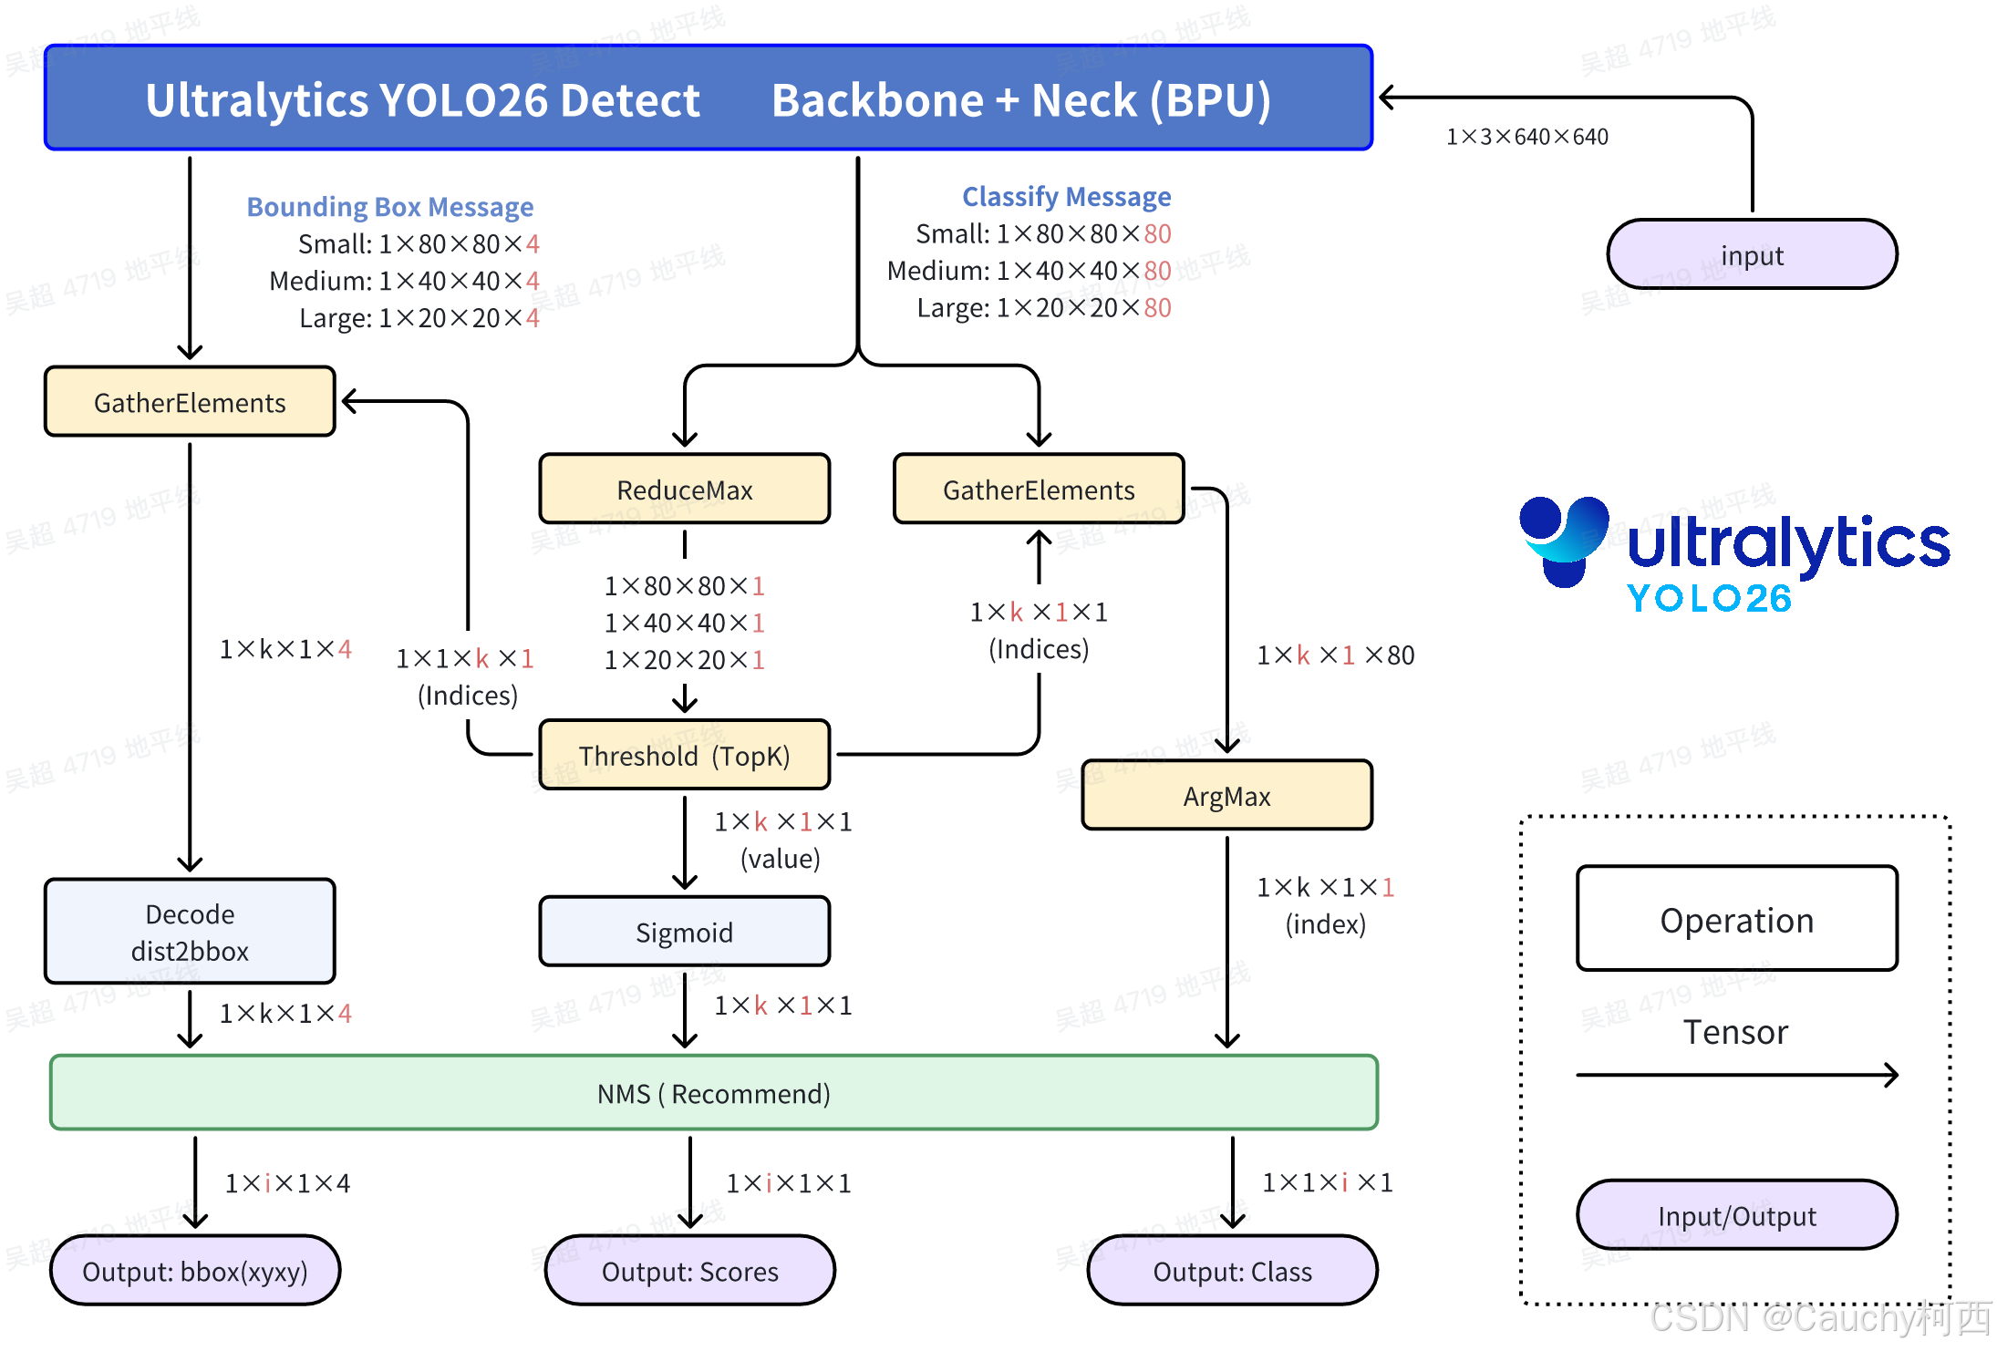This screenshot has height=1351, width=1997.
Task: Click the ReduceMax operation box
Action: point(684,490)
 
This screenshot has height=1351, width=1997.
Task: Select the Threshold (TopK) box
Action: point(684,756)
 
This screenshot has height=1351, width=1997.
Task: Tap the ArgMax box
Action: point(1226,796)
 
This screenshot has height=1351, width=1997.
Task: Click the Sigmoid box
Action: point(684,932)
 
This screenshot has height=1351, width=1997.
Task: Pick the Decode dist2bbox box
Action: point(190,932)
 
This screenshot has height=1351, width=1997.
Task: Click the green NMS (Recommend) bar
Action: point(713,1093)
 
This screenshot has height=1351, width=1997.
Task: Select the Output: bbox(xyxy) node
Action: point(194,1271)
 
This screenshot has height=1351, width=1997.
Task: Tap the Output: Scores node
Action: point(689,1271)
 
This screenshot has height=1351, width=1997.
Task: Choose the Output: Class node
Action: point(1232,1271)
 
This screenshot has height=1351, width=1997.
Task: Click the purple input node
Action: point(1752,255)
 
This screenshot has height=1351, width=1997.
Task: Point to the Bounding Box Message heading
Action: point(390,207)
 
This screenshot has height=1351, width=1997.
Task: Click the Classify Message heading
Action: point(1066,197)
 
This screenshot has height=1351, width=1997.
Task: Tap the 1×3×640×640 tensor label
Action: point(1526,137)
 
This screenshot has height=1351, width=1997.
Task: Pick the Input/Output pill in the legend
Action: point(1736,1216)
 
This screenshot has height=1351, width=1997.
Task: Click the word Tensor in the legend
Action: point(1735,1032)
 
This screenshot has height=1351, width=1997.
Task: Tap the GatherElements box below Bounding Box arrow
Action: point(190,402)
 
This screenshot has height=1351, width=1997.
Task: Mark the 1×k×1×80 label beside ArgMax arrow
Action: point(1335,655)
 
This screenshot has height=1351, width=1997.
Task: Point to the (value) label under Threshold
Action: point(780,859)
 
